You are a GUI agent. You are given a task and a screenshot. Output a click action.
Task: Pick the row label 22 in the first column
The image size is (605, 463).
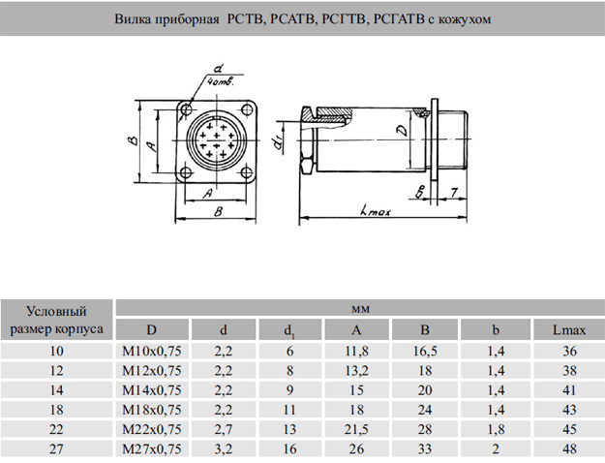coord(57,429)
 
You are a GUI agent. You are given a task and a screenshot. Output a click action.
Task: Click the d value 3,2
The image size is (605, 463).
coord(224,448)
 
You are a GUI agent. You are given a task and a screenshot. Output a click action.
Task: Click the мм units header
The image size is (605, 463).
coord(359,308)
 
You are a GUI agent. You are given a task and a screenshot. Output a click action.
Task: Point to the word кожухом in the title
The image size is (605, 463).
coord(449,18)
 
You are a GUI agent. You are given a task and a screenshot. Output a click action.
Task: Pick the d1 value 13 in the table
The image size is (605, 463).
coord(288,429)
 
